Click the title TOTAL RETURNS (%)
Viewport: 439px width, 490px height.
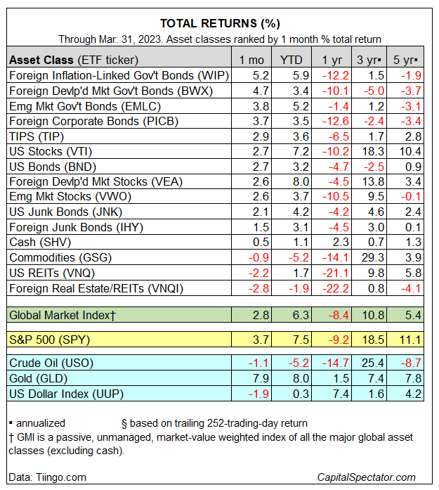pos(219,22)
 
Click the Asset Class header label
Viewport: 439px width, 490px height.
pos(74,60)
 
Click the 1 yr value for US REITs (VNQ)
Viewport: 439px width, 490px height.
pos(332,273)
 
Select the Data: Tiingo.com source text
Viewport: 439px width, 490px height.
pos(47,477)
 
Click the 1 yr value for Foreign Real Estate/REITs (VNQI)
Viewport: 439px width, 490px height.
pos(332,288)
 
